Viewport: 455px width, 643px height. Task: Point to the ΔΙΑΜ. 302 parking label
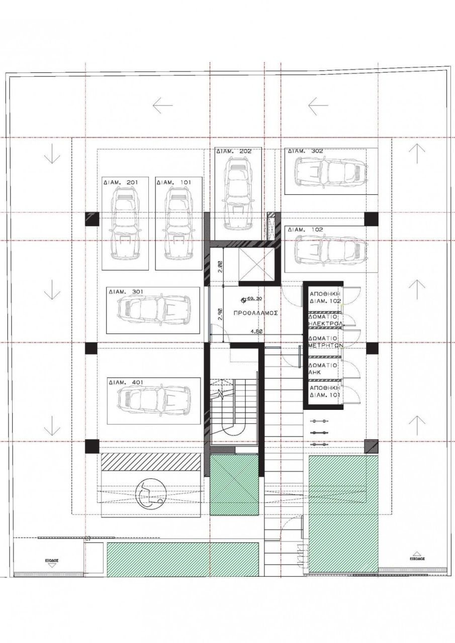click(305, 151)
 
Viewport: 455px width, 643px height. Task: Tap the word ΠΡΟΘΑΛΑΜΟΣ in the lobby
click(255, 312)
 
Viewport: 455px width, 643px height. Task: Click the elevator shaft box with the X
click(255, 263)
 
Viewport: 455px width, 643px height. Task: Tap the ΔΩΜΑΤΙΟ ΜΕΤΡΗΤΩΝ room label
click(325, 342)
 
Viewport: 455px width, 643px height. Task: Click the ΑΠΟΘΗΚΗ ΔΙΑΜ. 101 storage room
click(325, 392)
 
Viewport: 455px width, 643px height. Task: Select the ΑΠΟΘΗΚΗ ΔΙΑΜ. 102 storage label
click(325, 296)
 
